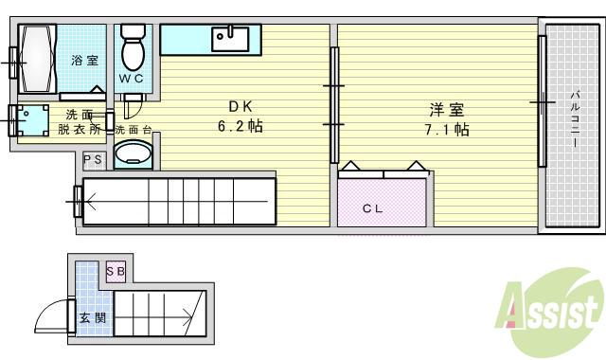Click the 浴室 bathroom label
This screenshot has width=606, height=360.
click(x=85, y=61)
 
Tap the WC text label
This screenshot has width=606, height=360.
click(x=131, y=78)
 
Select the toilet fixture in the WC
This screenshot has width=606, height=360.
click(x=132, y=44)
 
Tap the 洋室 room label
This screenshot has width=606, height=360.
click(x=446, y=108)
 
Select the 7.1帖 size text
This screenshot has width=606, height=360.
click(x=446, y=129)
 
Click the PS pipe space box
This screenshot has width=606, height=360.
click(x=93, y=160)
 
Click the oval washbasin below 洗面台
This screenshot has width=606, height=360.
click(x=133, y=153)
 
